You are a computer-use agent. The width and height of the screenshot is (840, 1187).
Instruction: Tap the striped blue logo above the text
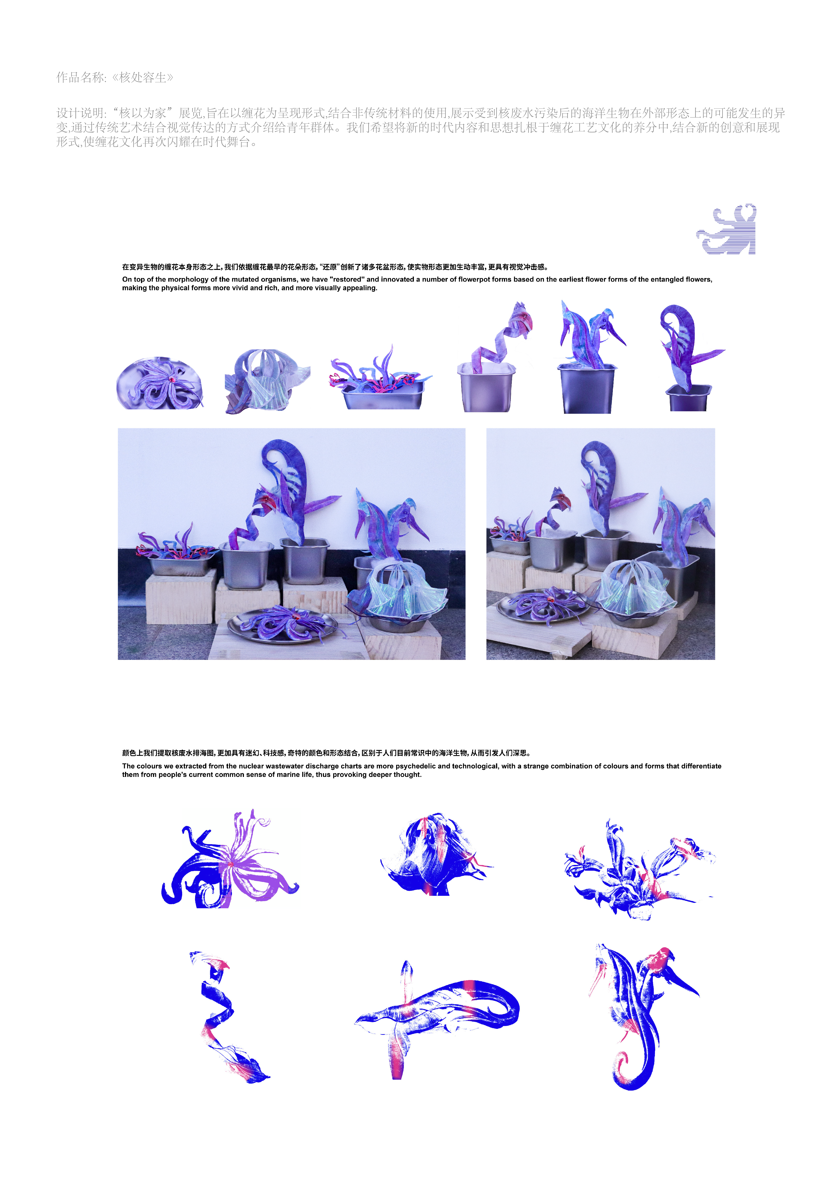(x=726, y=229)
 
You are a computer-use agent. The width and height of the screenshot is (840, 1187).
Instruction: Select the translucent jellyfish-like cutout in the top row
(x=267, y=381)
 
